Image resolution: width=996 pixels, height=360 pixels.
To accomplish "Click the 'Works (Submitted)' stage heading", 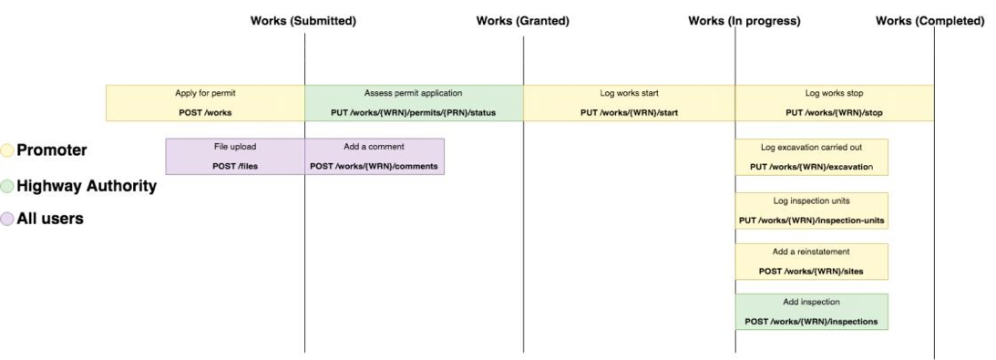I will coord(303,21).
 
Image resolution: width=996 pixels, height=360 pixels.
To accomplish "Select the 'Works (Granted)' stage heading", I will coord(522,21).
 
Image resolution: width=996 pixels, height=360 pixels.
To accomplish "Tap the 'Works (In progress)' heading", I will coord(744,21).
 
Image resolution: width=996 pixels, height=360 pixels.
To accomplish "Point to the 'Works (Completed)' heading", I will coord(929,21).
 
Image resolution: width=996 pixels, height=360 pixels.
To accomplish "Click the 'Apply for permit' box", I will coord(205,103).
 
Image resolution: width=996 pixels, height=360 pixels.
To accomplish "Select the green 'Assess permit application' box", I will coord(414,103).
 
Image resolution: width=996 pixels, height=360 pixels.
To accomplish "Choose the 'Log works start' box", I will coord(629,103).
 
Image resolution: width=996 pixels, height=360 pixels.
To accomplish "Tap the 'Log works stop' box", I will coord(834,103).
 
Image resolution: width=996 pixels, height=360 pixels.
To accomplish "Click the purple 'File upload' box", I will coord(235,157).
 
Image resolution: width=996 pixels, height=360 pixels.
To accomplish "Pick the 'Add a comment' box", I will coord(375,157).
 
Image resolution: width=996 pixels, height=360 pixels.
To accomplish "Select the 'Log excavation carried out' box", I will coord(811,157).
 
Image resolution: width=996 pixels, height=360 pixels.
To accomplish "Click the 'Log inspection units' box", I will coord(811,211).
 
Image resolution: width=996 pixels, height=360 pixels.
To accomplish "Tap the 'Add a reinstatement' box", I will coord(811,262).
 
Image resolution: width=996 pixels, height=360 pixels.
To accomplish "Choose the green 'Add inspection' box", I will coord(811,312).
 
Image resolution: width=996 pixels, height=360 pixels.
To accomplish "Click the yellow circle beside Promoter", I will coord(7,150).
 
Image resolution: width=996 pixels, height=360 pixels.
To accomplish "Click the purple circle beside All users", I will coord(7,219).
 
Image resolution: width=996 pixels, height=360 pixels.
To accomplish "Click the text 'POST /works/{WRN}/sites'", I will coord(811,272).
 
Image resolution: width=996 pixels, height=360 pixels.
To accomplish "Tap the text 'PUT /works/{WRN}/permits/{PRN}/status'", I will coord(414,113).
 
